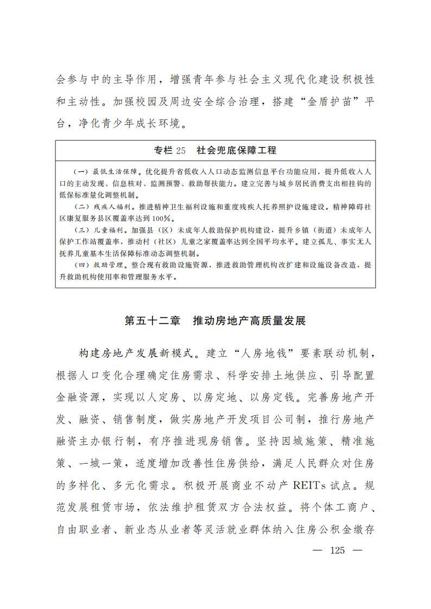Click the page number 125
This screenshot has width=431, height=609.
coord(337,550)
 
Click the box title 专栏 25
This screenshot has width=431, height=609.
coord(170,150)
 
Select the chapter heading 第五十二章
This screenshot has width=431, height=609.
coord(152,320)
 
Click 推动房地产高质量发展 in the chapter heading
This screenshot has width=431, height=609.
coord(249,320)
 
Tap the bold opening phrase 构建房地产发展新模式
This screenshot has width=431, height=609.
coord(136,354)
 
